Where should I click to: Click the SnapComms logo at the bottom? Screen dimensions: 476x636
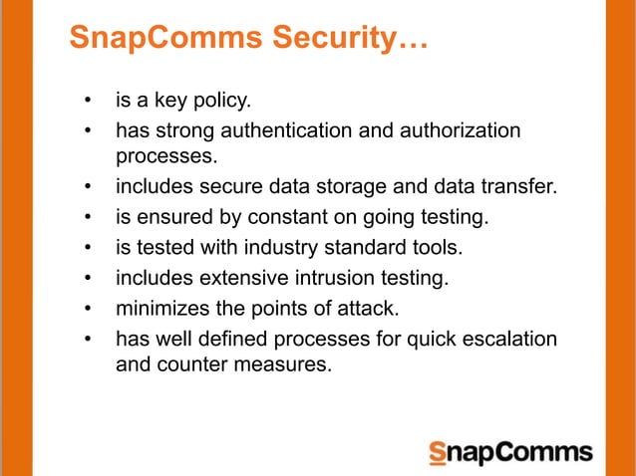509,453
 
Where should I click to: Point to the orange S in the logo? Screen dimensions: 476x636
437,453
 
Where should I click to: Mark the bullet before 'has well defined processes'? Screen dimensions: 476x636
89,339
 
